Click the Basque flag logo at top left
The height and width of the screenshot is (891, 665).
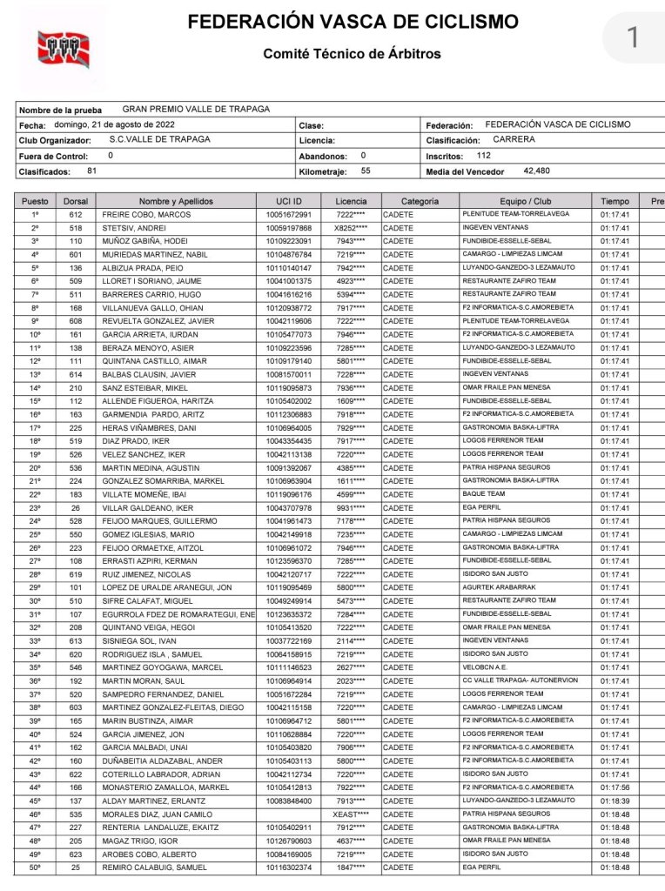coord(62,49)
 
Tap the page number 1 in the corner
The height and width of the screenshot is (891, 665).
coord(633,37)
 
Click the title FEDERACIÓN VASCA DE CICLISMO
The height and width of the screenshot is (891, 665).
coord(353,22)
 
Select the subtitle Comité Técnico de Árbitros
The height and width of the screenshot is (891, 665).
coord(352,54)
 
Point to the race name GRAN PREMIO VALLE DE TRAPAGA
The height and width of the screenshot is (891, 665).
coord(196,110)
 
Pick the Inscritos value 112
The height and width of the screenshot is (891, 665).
coord(484,155)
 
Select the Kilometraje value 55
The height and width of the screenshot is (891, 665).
coord(366,171)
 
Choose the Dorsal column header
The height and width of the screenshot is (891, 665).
coord(76,201)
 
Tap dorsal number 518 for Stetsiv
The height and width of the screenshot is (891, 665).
coord(76,228)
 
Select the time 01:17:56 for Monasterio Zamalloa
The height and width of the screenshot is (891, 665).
coord(615,787)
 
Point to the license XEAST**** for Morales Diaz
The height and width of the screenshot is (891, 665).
coord(351,814)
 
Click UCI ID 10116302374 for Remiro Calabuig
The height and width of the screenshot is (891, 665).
coord(288,868)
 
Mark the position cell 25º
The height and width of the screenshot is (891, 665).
coord(36,534)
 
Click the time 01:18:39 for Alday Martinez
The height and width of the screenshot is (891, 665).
coord(615,801)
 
